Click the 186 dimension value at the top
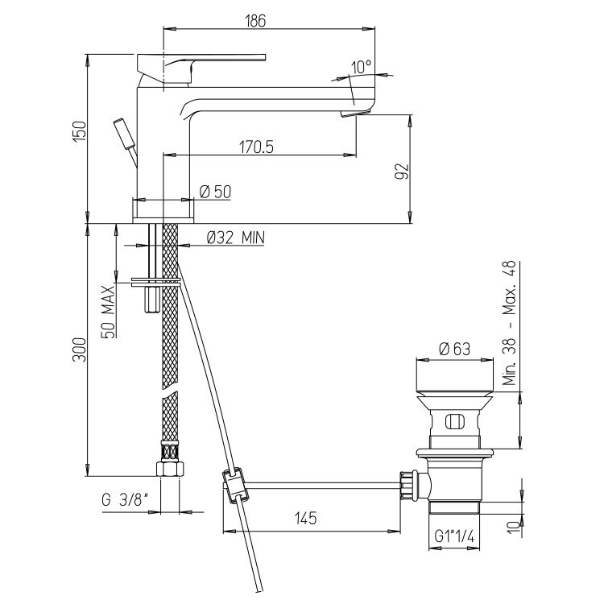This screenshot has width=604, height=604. [x=256, y=20]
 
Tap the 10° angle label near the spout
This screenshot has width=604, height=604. [x=361, y=67]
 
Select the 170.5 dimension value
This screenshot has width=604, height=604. [x=256, y=147]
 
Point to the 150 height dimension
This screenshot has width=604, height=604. [x=80, y=131]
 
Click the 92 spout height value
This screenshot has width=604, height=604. [x=401, y=171]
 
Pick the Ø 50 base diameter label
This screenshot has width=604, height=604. [x=215, y=192]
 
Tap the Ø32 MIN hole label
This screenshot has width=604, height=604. [x=236, y=238]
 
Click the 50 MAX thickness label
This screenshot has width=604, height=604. [x=109, y=312]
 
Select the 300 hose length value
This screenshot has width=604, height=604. [x=80, y=350]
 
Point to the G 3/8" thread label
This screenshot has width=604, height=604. [x=125, y=500]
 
